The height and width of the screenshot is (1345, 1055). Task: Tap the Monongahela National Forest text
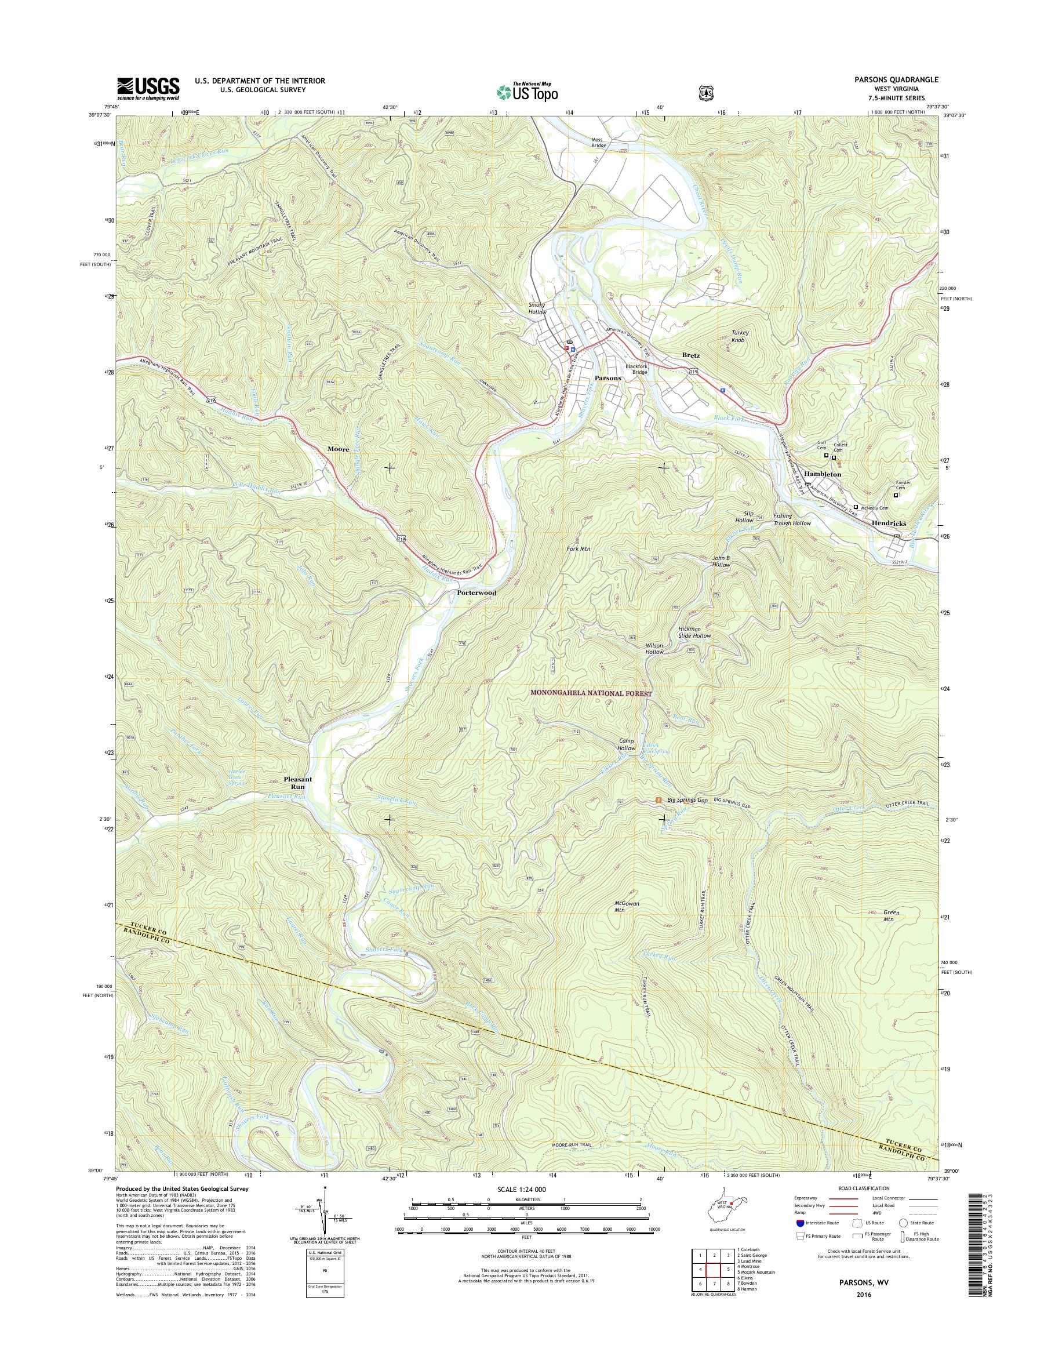pyautogui.click(x=592, y=694)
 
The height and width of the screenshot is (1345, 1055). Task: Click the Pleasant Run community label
pyautogui.click(x=297, y=783)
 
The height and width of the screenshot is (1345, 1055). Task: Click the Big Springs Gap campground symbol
pyautogui.click(x=659, y=799)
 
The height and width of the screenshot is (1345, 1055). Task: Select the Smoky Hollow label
pyautogui.click(x=537, y=308)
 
